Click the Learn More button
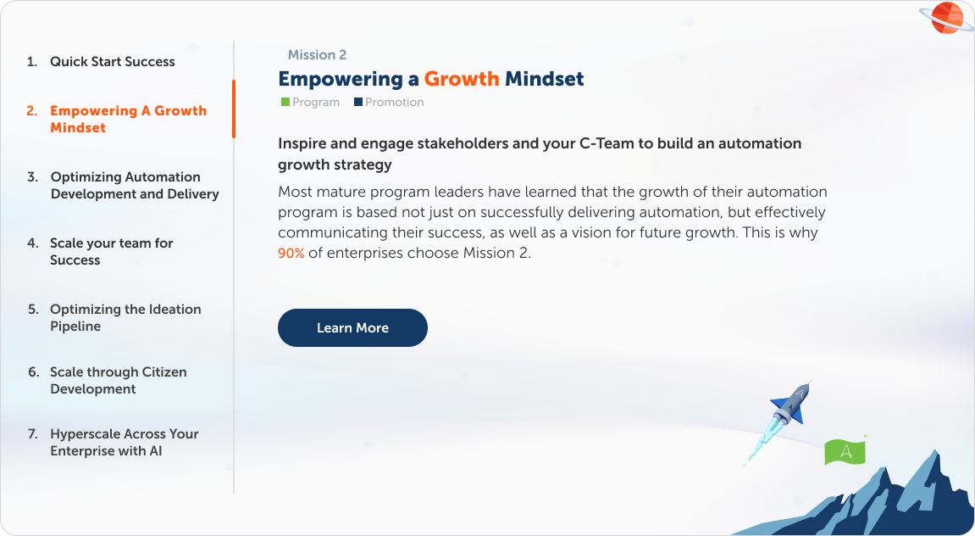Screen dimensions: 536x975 point(352,328)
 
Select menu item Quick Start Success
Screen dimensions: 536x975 point(112,62)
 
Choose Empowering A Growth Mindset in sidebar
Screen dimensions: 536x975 point(128,120)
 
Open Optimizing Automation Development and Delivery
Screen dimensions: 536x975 point(135,186)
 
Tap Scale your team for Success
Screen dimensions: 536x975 point(111,252)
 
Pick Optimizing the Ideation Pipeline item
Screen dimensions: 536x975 point(125,318)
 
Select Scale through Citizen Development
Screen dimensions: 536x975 point(118,381)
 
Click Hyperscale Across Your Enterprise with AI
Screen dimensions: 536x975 point(124,443)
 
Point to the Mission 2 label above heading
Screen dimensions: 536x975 point(317,55)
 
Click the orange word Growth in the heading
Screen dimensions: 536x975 point(462,80)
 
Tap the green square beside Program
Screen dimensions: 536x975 point(285,103)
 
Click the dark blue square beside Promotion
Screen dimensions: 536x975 point(358,103)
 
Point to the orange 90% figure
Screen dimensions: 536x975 point(291,253)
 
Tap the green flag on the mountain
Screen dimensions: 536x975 point(845,451)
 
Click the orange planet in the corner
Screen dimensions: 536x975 point(946,18)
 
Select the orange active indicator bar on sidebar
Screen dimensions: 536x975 point(234,109)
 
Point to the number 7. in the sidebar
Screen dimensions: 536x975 point(33,434)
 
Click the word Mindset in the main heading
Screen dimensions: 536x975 point(545,80)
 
